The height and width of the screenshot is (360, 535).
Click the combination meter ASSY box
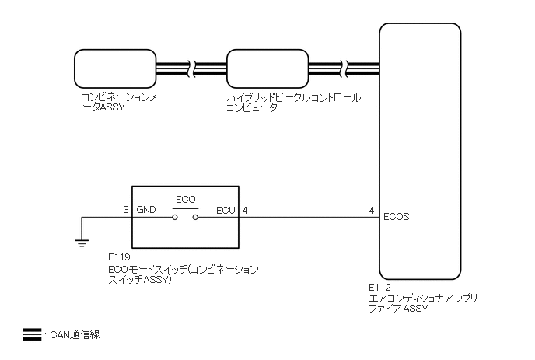pos(115,69)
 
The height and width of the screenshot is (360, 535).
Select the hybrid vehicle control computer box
pos(267,69)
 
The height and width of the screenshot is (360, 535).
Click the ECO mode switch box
pos(186,215)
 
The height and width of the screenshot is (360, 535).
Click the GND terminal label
pos(146,210)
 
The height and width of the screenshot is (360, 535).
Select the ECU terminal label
pos(226,210)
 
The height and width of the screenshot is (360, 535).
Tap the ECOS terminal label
pos(397,217)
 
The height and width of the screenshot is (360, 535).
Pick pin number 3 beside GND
pos(126,210)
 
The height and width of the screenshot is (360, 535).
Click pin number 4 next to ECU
pos(246,210)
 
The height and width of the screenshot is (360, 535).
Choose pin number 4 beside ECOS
pos(372,210)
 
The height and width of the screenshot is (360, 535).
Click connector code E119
pos(119,255)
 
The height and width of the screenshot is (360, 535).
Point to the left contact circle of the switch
pos(176,218)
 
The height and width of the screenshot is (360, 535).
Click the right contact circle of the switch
pos(196,218)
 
